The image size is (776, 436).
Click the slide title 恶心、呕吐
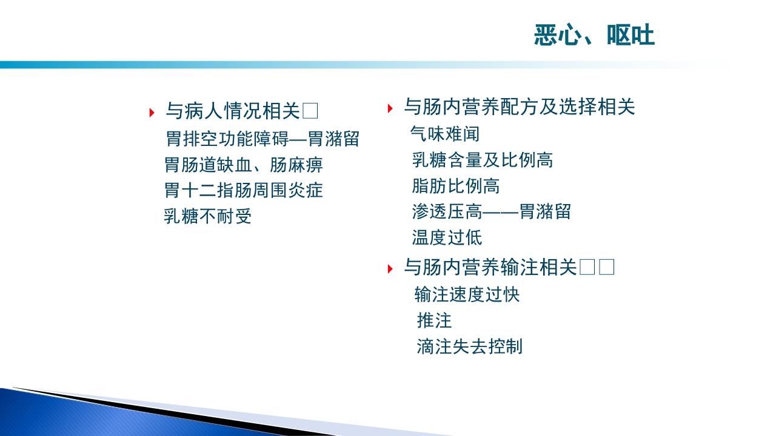click(594, 36)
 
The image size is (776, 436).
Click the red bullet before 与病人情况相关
click(152, 113)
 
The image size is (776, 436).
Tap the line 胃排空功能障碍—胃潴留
click(263, 139)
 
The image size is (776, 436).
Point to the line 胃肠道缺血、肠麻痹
click(243, 165)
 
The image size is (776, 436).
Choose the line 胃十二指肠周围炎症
click(243, 190)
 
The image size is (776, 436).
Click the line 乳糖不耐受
click(207, 216)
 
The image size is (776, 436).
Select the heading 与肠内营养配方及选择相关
click(520, 107)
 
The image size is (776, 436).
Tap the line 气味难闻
click(445, 134)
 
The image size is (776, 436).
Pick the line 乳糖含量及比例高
click(482, 160)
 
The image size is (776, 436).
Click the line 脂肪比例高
click(455, 186)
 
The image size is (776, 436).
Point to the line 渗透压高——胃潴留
click(491, 211)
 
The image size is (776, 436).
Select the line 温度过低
click(447, 237)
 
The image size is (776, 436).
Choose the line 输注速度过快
click(467, 294)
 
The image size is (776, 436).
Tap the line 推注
click(434, 320)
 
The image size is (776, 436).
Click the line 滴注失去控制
click(469, 346)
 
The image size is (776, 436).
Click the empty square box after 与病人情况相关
click(310, 111)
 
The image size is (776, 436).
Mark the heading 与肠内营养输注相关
click(490, 267)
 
